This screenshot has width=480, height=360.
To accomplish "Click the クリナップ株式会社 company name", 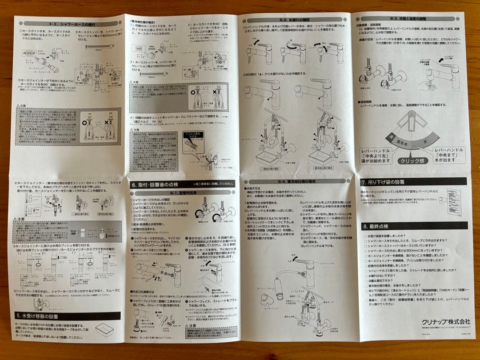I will coord(440,321).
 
